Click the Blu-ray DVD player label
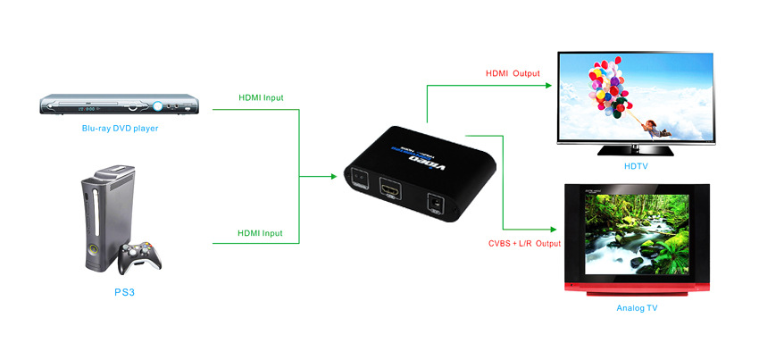(x=120, y=128)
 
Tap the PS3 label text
(x=122, y=291)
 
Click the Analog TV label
(x=637, y=308)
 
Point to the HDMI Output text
(x=513, y=72)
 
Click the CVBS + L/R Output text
(x=524, y=243)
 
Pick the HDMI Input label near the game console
(x=260, y=233)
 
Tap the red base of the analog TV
(x=636, y=289)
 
